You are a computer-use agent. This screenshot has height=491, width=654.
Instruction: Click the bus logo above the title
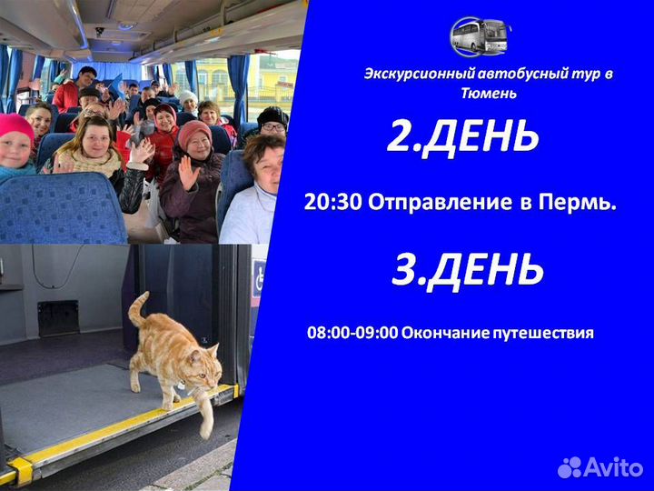click(481, 35)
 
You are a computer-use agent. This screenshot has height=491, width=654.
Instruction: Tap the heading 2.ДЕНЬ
click(462, 136)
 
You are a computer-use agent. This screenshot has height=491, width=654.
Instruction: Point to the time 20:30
click(333, 204)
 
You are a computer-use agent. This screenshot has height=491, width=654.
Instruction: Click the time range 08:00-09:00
click(352, 333)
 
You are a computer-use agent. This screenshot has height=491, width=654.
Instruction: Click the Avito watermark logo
click(600, 467)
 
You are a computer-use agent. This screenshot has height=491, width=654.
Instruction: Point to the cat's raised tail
click(136, 309)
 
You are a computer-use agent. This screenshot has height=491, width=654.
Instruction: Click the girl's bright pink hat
click(15, 128)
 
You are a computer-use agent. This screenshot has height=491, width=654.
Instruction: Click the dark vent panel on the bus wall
click(57, 317)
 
